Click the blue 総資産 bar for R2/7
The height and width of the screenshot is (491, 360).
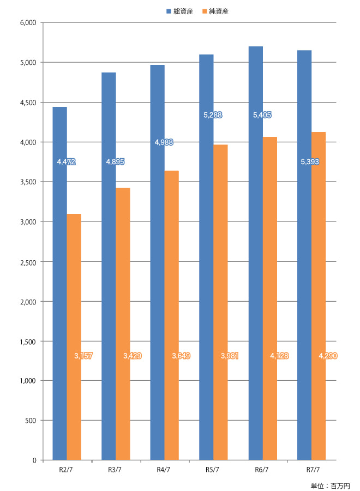tap(59, 284)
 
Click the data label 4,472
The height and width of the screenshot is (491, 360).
tap(66, 162)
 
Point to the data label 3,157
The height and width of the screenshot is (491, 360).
tap(83, 356)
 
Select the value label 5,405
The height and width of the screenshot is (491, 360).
tap(262, 115)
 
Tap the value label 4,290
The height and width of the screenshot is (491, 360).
tap(328, 356)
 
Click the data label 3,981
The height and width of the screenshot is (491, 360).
tap(230, 356)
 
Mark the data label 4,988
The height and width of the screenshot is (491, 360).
tap(164, 142)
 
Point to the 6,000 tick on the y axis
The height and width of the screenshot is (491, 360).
tap(27, 23)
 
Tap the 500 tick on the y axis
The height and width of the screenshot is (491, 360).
tap(31, 421)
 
